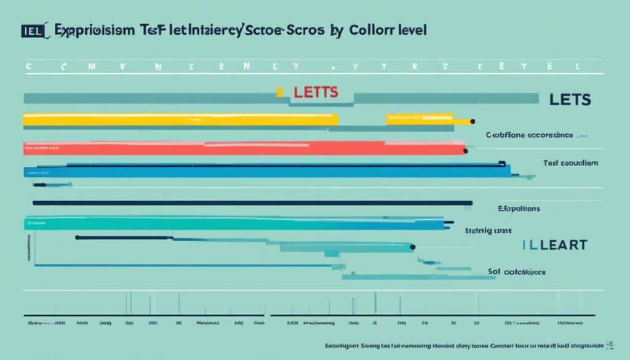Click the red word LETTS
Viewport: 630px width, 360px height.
[316, 93]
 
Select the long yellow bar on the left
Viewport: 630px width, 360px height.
[180, 119]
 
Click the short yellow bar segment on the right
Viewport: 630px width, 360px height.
[420, 119]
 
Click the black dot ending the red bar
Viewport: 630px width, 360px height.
[466, 150]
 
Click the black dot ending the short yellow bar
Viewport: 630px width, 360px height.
[472, 121]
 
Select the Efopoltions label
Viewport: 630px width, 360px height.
[519, 209]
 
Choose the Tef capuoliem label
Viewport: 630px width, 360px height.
[571, 163]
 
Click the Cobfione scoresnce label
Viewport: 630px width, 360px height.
[529, 134]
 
